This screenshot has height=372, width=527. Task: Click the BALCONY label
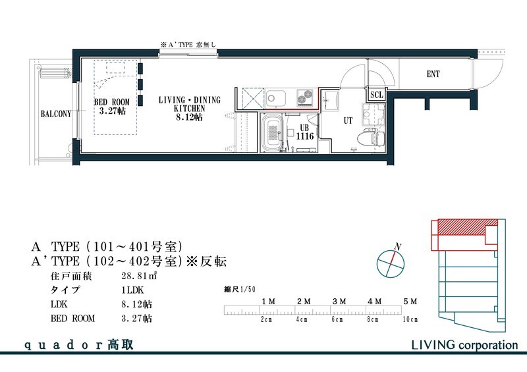click(x=55, y=113)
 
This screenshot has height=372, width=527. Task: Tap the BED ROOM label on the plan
click(x=112, y=107)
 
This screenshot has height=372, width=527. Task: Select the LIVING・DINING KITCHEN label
click(x=190, y=107)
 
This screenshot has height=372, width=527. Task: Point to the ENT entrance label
click(x=433, y=74)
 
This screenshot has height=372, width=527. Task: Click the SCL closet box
click(x=376, y=94)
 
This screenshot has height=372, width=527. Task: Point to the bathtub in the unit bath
click(x=272, y=132)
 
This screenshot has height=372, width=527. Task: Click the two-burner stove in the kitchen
click(x=305, y=97)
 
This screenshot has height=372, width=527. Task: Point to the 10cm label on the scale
click(x=410, y=319)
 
